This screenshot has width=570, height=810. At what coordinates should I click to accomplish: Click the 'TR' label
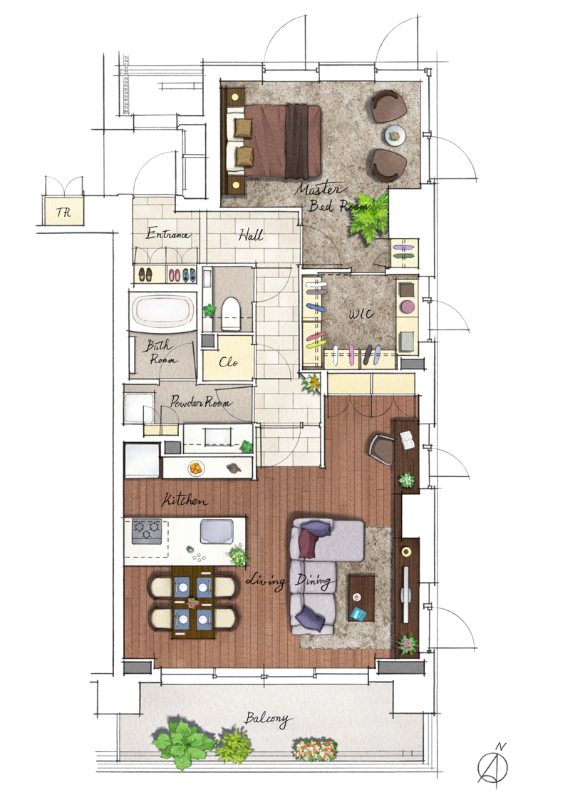pos(63,212)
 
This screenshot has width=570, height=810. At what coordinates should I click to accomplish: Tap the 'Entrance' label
pos(168,234)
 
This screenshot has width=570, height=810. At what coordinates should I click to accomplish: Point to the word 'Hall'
pos(251,235)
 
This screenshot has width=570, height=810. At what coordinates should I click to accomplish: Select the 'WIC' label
pos(361,314)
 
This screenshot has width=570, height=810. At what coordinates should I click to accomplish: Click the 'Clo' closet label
pos(228,362)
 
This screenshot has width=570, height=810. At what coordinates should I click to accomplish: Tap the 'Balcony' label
pos(267,719)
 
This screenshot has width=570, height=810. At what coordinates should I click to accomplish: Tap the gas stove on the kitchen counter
pos(147,531)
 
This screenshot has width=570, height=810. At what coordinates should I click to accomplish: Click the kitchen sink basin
pos(216,532)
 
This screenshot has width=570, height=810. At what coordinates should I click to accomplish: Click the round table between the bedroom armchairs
pos(395,136)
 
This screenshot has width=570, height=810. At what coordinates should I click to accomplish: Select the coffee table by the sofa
pos(361,598)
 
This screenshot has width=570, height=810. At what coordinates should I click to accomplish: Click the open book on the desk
pos(408,440)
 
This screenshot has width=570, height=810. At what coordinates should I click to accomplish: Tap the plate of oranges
pos(196,468)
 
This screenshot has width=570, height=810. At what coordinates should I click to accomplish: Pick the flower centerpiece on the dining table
pos(193,603)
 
